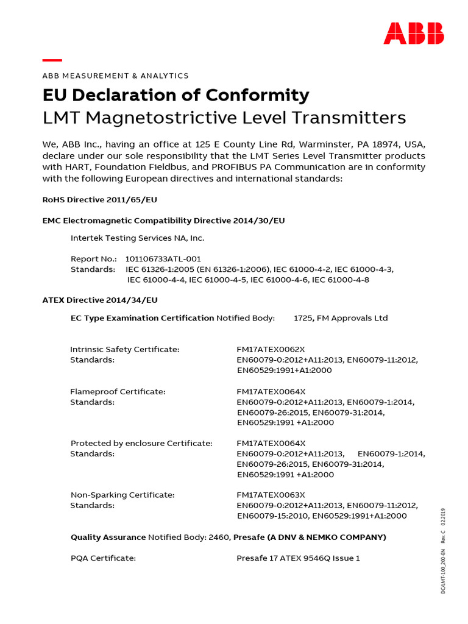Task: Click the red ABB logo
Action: tap(413, 34)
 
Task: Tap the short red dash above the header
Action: tap(52, 60)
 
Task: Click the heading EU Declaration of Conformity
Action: tap(175, 95)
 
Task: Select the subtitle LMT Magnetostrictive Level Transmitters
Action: tap(224, 117)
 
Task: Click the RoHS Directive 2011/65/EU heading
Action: tap(101, 199)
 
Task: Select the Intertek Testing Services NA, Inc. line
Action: tap(138, 238)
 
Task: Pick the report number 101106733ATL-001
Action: tap(163, 259)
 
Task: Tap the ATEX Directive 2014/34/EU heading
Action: tap(100, 300)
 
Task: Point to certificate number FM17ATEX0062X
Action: tap(271, 349)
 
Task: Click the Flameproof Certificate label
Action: tap(118, 391)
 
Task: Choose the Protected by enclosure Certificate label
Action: tap(141, 443)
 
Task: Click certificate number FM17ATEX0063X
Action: tap(271, 495)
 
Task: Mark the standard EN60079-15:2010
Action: tap(272, 516)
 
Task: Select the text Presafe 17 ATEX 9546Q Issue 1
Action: tap(298, 558)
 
